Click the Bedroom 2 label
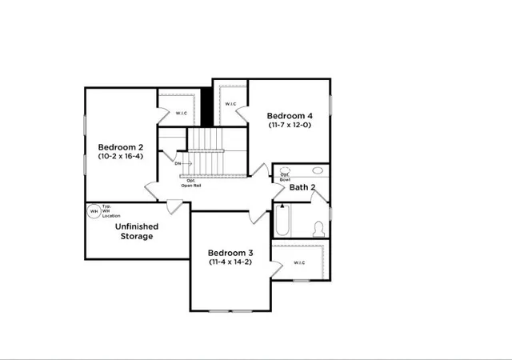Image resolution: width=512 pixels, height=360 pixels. (121, 147)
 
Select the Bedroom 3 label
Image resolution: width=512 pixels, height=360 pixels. (230, 251)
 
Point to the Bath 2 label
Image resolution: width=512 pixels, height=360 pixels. (302, 188)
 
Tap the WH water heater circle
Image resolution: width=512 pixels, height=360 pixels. (94, 212)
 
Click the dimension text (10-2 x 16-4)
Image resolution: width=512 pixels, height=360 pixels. (121, 158)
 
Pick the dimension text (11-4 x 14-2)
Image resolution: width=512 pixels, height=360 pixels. (230, 262)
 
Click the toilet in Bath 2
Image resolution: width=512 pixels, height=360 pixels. (318, 228)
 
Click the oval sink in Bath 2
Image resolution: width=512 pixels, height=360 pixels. (317, 170)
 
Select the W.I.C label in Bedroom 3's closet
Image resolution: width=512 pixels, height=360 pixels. (299, 262)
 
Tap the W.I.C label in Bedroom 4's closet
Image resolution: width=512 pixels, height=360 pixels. (230, 104)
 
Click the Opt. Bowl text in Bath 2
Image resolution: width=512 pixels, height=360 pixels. (285, 176)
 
